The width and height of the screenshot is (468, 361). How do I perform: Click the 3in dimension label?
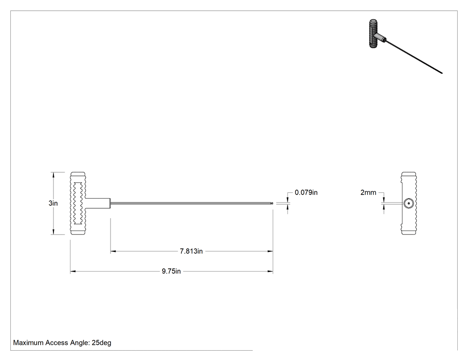53,203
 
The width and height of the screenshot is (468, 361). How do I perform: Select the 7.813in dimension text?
191,251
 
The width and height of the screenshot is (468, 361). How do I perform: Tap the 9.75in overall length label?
171,271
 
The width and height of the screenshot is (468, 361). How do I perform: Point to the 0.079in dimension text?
306,193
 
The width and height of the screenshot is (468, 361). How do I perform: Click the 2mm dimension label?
368,193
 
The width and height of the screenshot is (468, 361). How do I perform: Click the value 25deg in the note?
102,343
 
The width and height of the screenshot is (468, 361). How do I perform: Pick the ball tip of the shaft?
272,203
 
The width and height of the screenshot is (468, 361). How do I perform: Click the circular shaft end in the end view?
409,203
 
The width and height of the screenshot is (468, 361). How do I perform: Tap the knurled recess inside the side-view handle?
78,203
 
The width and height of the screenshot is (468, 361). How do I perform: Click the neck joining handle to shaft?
98,203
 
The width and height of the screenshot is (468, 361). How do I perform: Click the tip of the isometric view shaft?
442,73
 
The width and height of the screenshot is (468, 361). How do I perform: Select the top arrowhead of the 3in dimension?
53,175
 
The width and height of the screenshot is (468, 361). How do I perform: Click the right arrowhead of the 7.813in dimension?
270,251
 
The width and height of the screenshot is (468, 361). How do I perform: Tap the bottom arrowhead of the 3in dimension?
53,231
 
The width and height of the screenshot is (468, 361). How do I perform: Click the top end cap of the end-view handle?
409,174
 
